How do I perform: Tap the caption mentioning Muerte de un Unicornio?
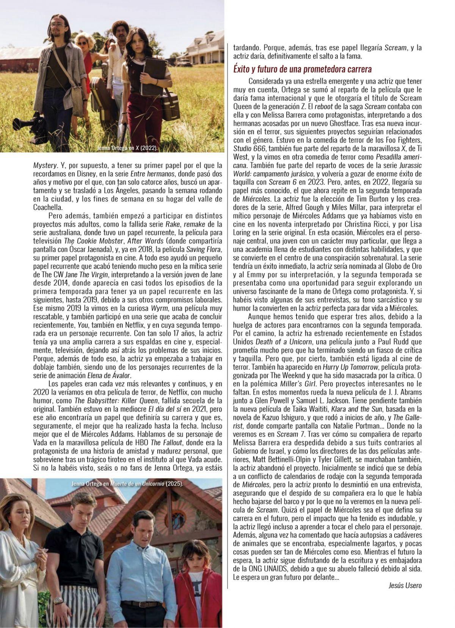tap(127, 484)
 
